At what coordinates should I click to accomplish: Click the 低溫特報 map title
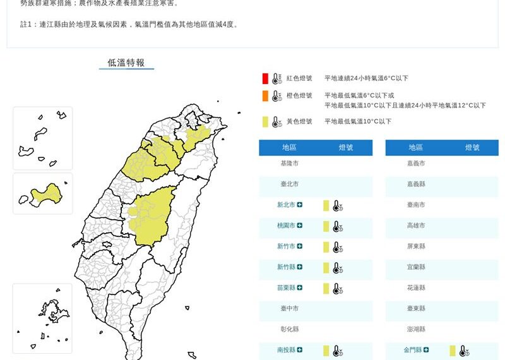(x=126, y=63)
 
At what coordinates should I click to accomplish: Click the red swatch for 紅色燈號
(x=265, y=78)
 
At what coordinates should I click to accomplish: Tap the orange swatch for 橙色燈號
(x=265, y=96)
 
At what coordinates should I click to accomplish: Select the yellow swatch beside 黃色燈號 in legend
(x=265, y=121)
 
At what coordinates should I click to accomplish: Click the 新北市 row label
(x=286, y=205)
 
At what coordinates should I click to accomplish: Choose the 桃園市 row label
(x=286, y=225)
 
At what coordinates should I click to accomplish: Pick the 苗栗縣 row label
(x=286, y=288)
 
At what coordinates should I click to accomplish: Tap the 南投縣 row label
(x=286, y=350)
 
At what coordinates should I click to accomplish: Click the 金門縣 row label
(x=415, y=350)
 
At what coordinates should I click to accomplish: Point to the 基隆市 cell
(x=290, y=163)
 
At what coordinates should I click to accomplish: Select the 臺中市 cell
(x=290, y=308)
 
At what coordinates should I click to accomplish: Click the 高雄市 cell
(x=416, y=225)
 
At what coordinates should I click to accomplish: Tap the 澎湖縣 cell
(x=416, y=329)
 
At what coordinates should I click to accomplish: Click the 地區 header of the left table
(x=289, y=148)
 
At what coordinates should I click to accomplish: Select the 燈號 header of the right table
(x=472, y=148)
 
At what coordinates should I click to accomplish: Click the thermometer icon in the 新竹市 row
(x=338, y=247)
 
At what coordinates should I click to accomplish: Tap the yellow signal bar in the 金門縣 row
(x=453, y=351)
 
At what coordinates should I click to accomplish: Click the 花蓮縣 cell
(x=416, y=287)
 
